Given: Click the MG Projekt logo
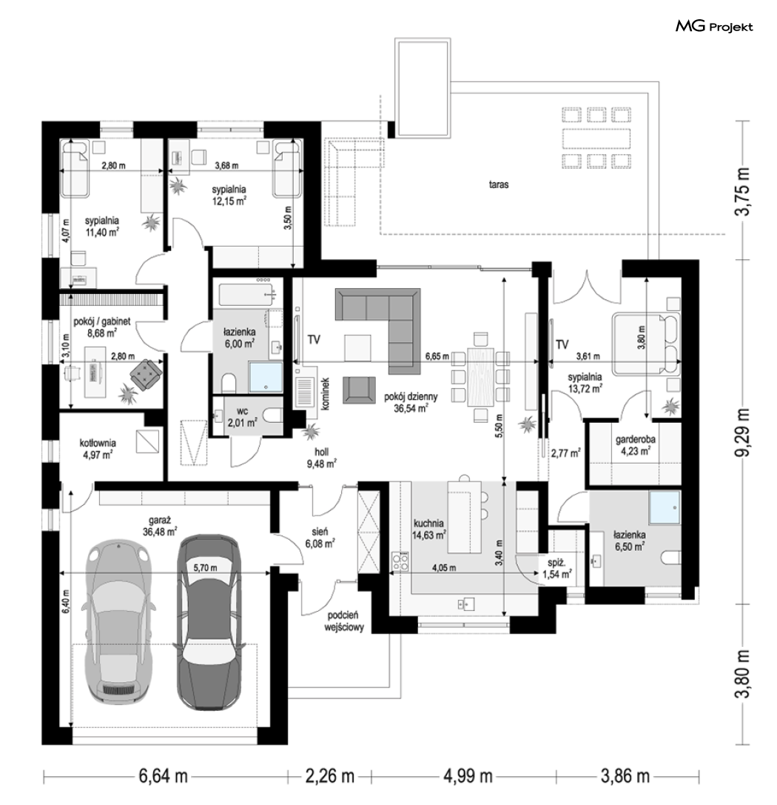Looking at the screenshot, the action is click(x=714, y=27).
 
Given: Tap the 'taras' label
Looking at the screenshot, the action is click(x=499, y=184).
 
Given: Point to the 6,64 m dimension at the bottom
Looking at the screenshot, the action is click(x=163, y=775).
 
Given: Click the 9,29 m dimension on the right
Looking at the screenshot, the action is click(x=743, y=432).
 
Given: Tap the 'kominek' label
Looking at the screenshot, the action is click(x=325, y=394).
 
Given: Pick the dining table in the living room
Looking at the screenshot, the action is click(x=480, y=375).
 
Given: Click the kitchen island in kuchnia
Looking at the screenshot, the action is click(x=465, y=516).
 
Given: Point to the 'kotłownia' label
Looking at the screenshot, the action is click(x=98, y=443).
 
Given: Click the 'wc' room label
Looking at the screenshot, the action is click(x=243, y=411).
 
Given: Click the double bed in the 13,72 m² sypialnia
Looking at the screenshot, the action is click(x=645, y=343).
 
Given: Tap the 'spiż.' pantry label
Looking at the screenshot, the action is click(x=556, y=563).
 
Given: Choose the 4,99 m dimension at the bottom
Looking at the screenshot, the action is click(x=468, y=775).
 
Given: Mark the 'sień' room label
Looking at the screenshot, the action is click(x=320, y=532).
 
